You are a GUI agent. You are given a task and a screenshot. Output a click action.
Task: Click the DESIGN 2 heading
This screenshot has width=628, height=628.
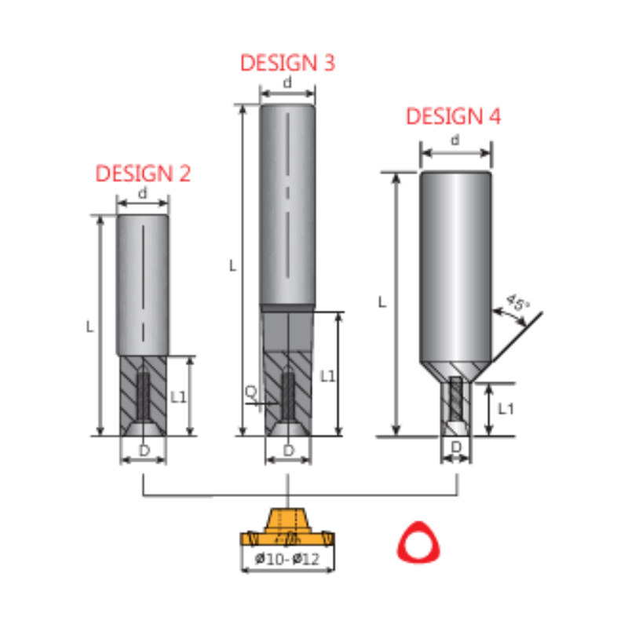(143, 173)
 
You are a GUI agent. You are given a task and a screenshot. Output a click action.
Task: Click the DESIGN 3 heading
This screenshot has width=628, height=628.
(287, 63)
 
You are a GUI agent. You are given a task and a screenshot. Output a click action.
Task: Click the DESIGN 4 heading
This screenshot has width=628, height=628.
(453, 117)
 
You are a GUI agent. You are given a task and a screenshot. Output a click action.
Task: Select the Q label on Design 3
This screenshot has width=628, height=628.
(250, 390)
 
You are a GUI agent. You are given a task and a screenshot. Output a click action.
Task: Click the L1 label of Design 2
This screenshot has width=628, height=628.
(179, 397)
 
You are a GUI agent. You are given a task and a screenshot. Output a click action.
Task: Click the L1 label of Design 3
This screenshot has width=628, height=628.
(328, 376)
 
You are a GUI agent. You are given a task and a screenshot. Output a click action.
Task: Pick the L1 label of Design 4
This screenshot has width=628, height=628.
(506, 408)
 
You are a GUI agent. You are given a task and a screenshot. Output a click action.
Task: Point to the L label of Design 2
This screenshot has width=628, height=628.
(90, 326)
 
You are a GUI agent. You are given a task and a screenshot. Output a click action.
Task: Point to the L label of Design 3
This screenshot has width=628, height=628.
(232, 266)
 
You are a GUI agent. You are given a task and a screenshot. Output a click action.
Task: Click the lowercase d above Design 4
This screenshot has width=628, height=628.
(455, 140)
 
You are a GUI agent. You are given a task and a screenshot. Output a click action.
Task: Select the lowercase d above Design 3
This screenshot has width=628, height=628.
(287, 82)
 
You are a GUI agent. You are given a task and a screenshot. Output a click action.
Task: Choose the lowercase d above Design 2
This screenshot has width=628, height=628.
(142, 193)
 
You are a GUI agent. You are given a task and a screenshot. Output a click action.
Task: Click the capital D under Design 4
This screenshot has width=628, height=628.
(455, 449)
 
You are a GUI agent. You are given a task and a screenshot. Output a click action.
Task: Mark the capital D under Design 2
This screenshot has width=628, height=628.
(143, 450)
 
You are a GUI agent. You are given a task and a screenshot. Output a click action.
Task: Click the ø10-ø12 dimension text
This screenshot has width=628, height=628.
(287, 560)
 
